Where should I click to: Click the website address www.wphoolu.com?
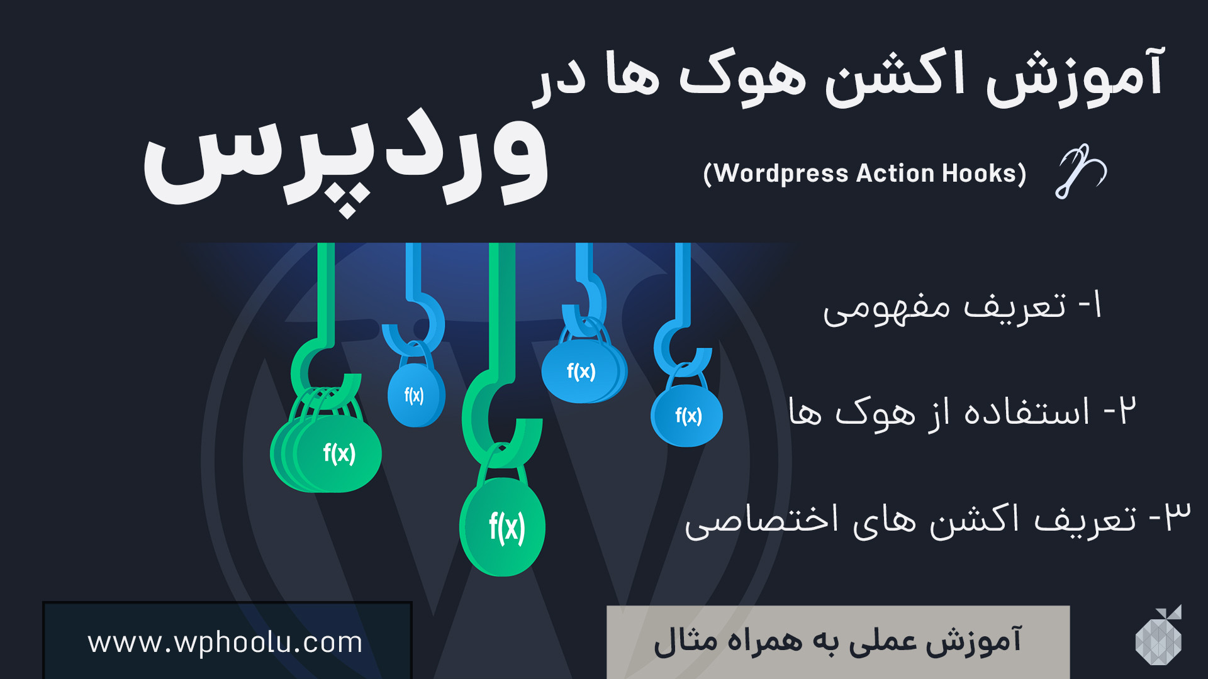(x=225, y=643)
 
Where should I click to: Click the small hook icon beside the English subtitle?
(x=1080, y=171)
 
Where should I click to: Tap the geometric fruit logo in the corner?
(x=1159, y=636)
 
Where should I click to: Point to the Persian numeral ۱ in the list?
(x=1097, y=305)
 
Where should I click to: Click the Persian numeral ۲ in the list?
(x=1127, y=411)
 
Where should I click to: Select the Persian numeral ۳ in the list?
(x=1177, y=517)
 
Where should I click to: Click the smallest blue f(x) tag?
(x=416, y=395)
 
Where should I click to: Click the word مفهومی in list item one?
(x=886, y=308)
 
